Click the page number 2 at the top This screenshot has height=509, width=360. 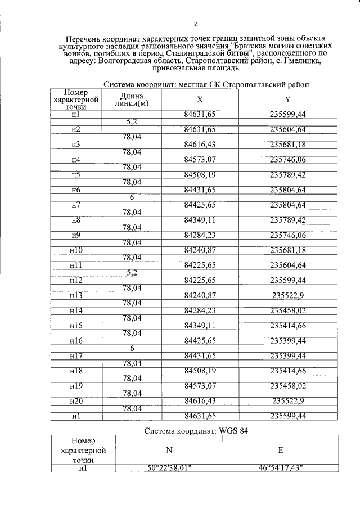tap(195, 24)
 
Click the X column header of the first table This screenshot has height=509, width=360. tap(200, 100)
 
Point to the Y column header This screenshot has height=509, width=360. tap(288, 100)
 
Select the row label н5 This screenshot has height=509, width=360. tap(76, 174)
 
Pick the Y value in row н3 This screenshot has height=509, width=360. tap(288, 144)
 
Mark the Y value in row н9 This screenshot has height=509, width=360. tap(288, 235)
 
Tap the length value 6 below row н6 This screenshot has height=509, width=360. tap(132, 197)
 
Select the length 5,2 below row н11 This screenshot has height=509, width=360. tap(132, 273)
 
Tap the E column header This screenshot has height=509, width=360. tap(280, 451)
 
